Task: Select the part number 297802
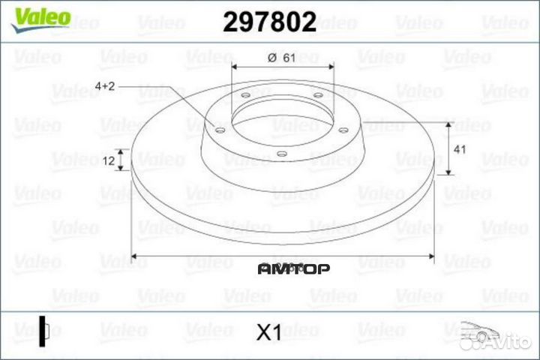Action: [269, 22]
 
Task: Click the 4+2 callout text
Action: [106, 87]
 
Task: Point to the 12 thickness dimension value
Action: [109, 160]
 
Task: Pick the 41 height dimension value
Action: [460, 149]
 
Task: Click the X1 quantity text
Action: [268, 332]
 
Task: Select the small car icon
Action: [476, 330]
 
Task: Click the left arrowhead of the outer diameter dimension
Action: [135, 257]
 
